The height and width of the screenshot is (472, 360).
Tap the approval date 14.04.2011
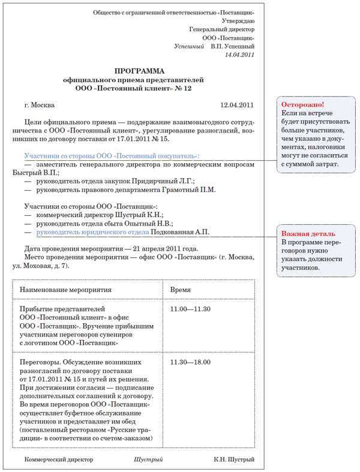(239, 55)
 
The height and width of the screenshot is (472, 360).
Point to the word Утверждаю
(238, 20)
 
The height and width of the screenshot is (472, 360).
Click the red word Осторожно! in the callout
(298, 104)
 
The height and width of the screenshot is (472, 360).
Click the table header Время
(181, 289)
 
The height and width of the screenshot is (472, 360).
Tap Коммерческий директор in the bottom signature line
(59, 460)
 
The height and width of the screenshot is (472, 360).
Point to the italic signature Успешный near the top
(189, 46)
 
